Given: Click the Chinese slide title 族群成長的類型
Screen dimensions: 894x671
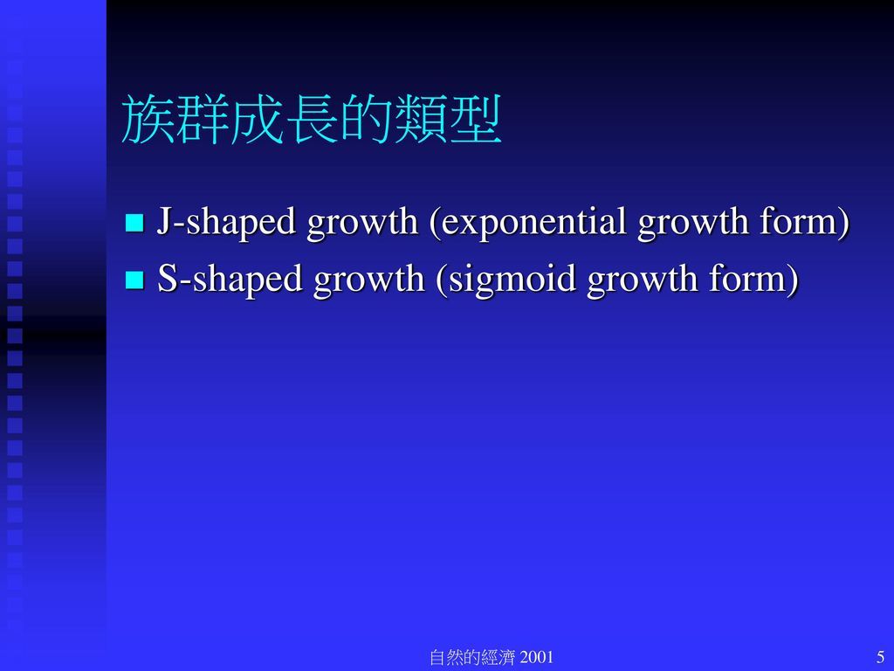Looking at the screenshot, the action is click(x=312, y=119).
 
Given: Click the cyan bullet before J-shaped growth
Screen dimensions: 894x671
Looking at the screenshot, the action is click(x=134, y=222).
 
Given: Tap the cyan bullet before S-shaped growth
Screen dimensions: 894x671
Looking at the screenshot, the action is click(x=134, y=280).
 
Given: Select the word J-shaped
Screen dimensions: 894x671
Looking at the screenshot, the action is click(x=226, y=223).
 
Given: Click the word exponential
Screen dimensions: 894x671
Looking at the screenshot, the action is click(x=528, y=223).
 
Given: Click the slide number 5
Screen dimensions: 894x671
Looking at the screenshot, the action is click(x=880, y=657).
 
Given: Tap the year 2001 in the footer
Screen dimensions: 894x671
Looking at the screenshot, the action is click(x=537, y=657).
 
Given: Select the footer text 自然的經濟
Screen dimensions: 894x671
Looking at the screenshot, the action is click(x=472, y=657).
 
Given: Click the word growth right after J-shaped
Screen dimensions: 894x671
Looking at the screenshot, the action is click(x=362, y=223).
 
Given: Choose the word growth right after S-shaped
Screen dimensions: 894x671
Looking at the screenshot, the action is click(x=369, y=280).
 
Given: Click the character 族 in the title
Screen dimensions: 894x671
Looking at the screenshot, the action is click(x=148, y=119).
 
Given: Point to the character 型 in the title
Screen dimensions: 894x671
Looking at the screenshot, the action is click(x=476, y=119).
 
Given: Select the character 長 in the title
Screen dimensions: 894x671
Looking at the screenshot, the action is click(x=312, y=119).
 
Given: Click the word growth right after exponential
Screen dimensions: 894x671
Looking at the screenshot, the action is click(x=692, y=223).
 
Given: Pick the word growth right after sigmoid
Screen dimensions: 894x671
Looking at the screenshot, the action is click(x=642, y=280).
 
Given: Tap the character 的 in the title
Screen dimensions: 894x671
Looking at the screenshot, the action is click(x=366, y=119).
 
